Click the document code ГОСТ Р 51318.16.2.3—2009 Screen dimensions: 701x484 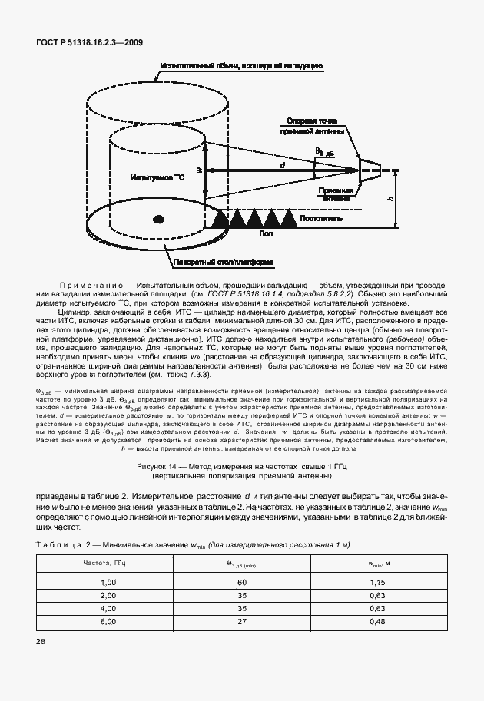tap(89, 44)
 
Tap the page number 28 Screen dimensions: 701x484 tap(40, 663)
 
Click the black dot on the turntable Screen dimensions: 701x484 tap(158, 220)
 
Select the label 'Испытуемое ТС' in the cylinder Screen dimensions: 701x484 tap(158, 177)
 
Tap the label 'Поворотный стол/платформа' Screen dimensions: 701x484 tap(224, 263)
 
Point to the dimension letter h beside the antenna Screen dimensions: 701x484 tap(391, 198)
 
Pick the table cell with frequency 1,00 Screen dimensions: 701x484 tap(107, 583)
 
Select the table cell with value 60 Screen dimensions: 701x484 tap(242, 583)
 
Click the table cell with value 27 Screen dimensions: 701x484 tap(242, 621)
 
